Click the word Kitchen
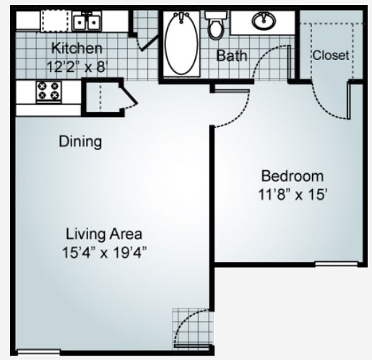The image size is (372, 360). [76, 48]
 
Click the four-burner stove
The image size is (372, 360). [49, 92]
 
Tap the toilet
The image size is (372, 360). [215, 27]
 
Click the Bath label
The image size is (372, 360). [233, 56]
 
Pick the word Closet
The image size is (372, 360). [330, 55]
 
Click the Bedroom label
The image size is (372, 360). [292, 176]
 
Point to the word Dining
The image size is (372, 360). [80, 141]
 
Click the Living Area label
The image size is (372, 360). [103, 234]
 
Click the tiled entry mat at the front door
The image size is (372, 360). [191, 325]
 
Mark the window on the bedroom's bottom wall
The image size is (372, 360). [336, 264]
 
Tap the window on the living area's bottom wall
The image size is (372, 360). [38, 351]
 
